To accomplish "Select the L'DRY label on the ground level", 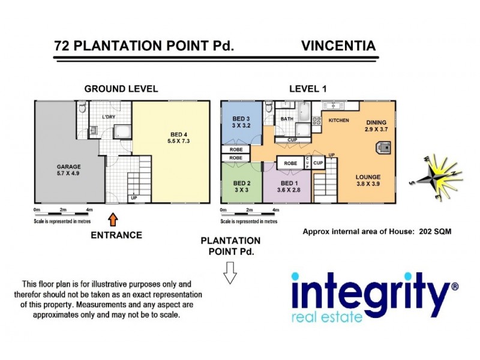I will point(109,116).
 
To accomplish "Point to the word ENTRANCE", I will point(116,235).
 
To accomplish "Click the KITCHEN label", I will point(338,121).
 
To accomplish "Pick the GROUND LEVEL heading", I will point(121,88).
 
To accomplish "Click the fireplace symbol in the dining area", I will point(382,148).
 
